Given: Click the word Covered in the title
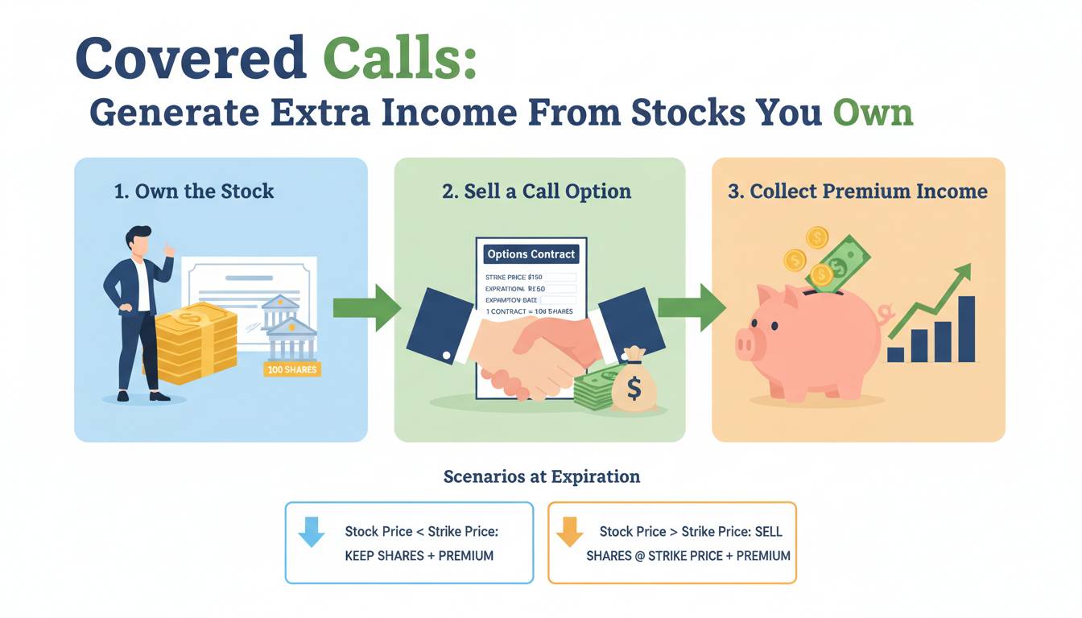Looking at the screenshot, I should tap(190, 57).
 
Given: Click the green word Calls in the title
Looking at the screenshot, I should tap(399, 57).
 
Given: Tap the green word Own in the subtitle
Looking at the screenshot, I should tap(873, 113).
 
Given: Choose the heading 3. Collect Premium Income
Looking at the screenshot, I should tap(857, 192).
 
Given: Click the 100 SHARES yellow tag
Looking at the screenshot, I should tap(291, 369).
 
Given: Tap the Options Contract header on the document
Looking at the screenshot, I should tap(531, 254).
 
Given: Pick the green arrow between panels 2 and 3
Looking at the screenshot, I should tap(691, 307).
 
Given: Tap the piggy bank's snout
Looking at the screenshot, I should tap(748, 344).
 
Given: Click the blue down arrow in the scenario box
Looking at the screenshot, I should tap(312, 533).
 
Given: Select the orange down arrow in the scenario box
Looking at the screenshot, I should tap(569, 533).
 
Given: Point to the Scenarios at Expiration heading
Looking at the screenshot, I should tap(541, 476).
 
